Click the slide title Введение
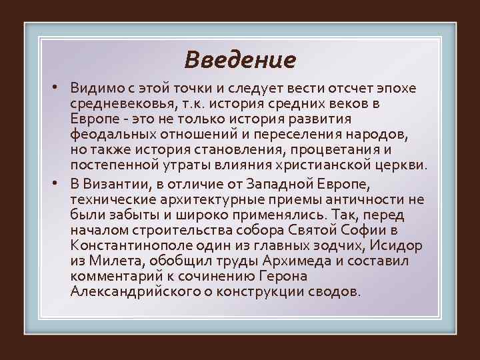pyautogui.click(x=239, y=60)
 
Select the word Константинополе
pyautogui.click(x=130, y=245)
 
